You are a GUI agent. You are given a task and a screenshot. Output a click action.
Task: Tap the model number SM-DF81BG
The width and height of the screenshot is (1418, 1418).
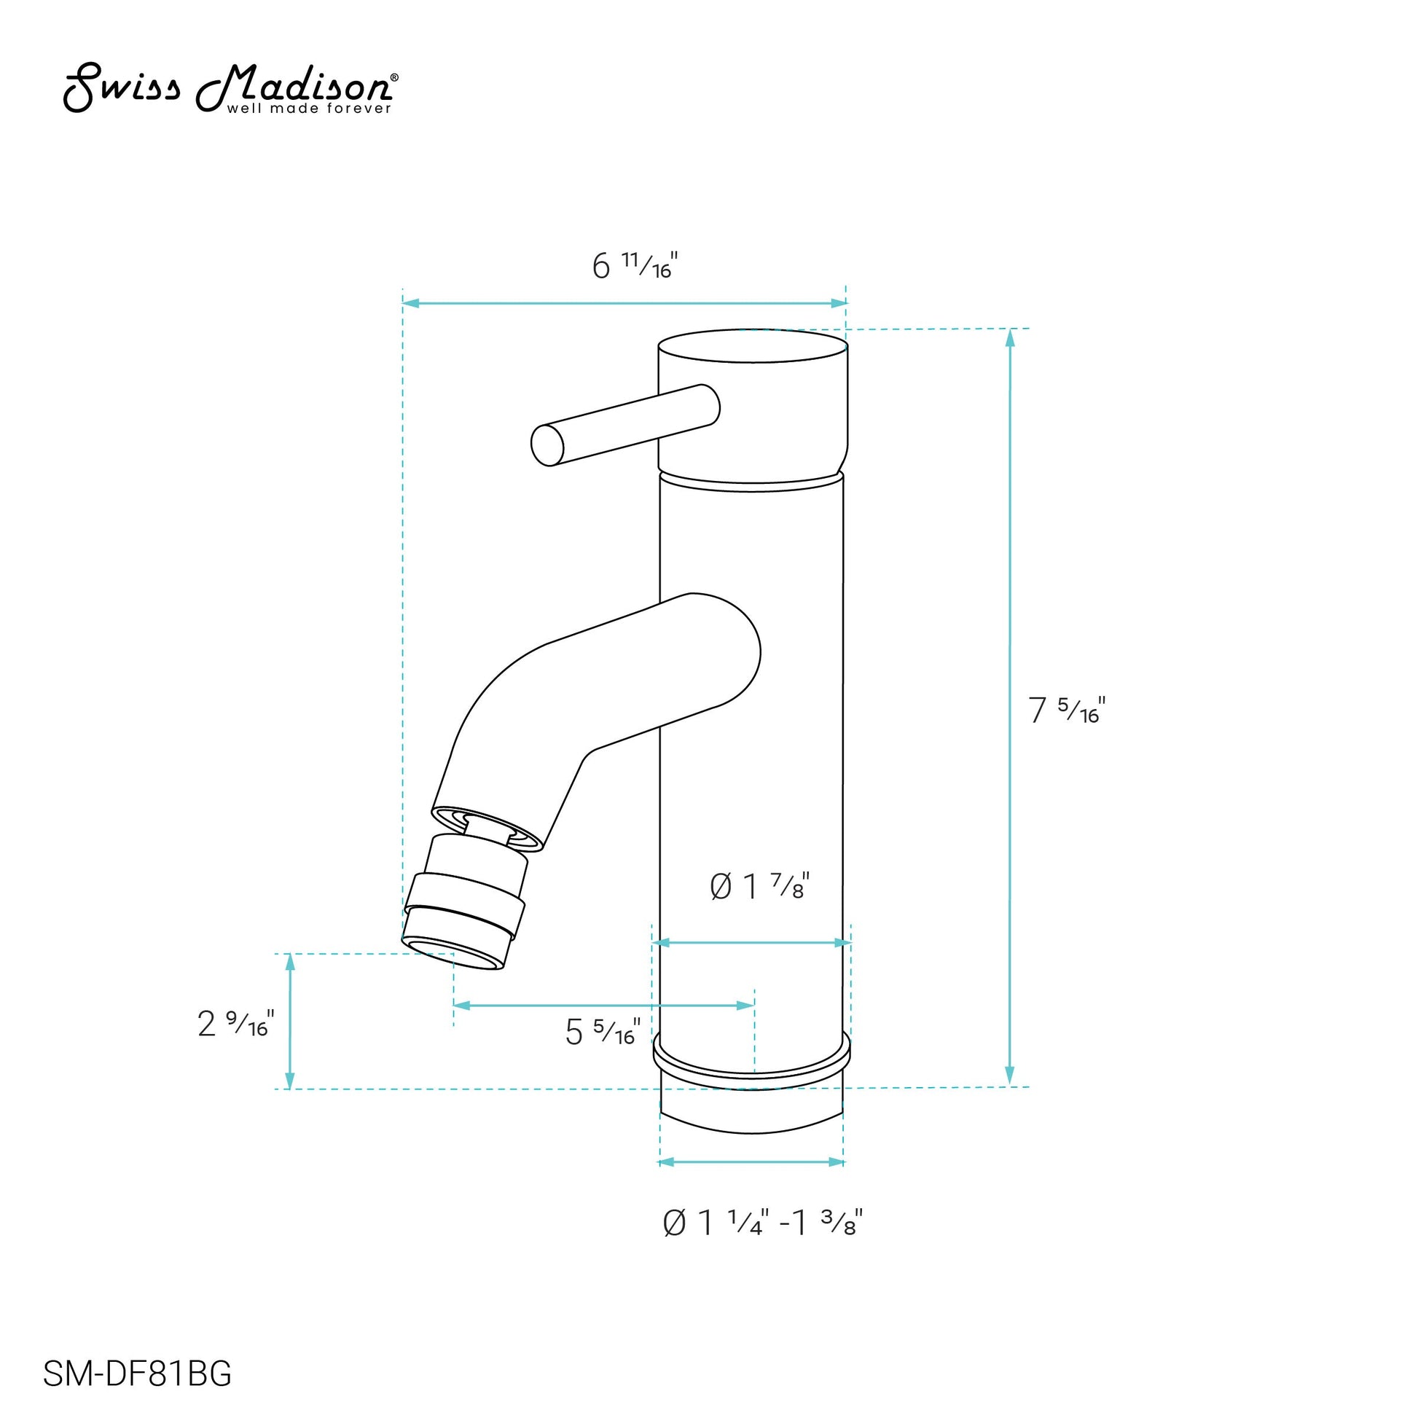pyautogui.click(x=137, y=1374)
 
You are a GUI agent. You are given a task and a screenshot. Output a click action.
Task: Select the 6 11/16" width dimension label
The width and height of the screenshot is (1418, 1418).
pyautogui.click(x=635, y=265)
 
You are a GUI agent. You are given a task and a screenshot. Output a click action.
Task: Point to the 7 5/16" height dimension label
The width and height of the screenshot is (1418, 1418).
pyautogui.click(x=1068, y=710)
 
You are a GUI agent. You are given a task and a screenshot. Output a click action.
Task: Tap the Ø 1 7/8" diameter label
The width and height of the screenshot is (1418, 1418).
pyautogui.click(x=759, y=886)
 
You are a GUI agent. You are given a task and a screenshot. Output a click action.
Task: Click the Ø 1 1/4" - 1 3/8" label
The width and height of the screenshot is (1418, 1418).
pyautogui.click(x=763, y=1223)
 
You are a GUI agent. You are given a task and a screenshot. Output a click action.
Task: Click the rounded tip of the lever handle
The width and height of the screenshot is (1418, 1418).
pyautogui.click(x=547, y=444)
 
